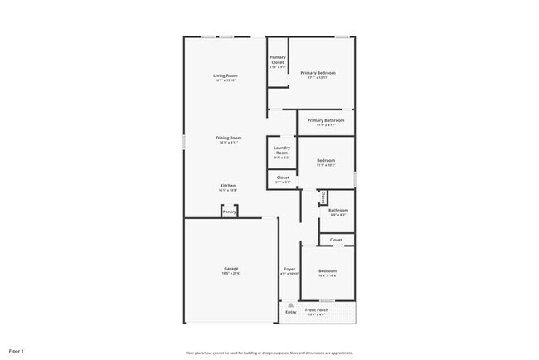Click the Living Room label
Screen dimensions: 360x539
[x=226, y=75]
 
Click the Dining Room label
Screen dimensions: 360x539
[x=228, y=138]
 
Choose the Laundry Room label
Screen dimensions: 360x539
[x=281, y=151]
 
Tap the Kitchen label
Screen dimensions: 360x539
[x=227, y=186]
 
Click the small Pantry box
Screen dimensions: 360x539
[x=230, y=212]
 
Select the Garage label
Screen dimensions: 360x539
[x=231, y=269]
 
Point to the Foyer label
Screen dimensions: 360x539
[x=289, y=270]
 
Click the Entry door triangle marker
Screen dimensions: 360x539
[x=290, y=305]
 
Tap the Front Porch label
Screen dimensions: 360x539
[x=317, y=310]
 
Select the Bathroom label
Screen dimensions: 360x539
[x=337, y=211]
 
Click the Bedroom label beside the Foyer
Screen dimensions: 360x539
[x=328, y=271]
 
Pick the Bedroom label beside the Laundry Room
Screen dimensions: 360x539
[x=325, y=160]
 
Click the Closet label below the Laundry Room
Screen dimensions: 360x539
[x=283, y=178]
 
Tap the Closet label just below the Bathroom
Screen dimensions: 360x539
[x=336, y=240]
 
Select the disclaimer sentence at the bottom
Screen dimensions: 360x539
[x=269, y=352]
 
